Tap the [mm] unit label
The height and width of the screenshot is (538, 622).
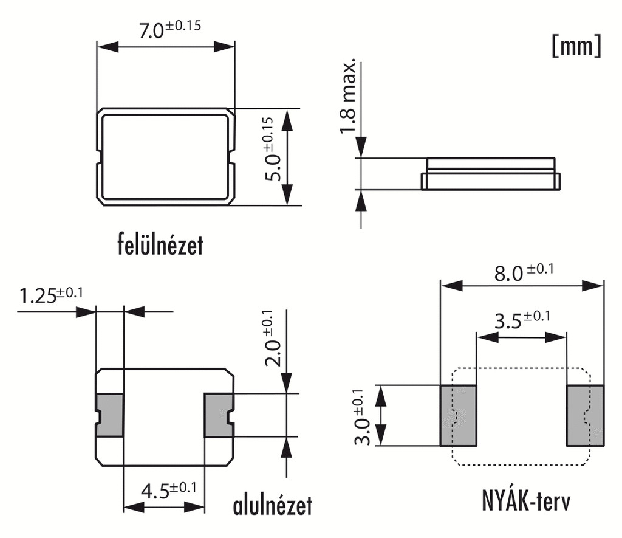(x=576, y=47)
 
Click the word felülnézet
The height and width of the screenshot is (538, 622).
(x=160, y=245)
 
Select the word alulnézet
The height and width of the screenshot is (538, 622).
(x=273, y=505)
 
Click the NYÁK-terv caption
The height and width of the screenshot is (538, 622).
(x=527, y=502)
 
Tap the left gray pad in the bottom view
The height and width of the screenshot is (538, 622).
(x=109, y=415)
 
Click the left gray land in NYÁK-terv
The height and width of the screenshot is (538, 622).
(x=458, y=415)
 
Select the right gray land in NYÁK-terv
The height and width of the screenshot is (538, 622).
(x=585, y=415)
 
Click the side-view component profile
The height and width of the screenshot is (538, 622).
(x=490, y=173)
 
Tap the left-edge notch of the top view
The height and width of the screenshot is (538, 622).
(x=99, y=157)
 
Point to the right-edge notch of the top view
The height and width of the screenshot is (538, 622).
(x=232, y=157)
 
